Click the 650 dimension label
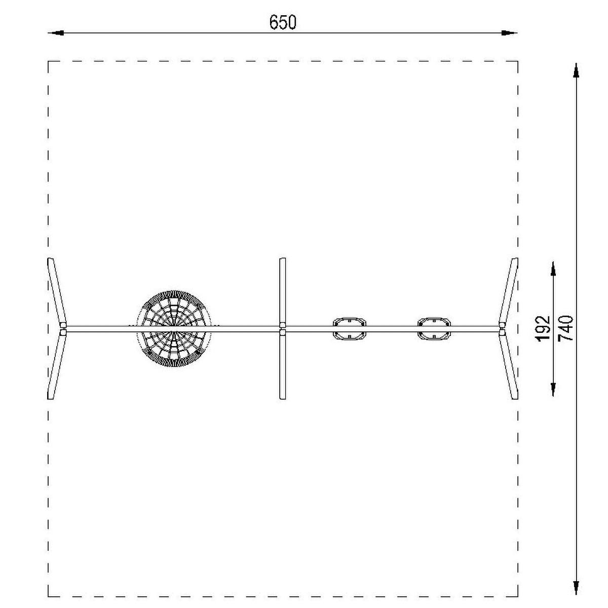point(283,22)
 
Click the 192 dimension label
point(543,328)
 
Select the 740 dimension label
point(565,328)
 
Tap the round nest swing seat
point(174,328)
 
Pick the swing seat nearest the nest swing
point(350,328)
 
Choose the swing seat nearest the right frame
point(434,328)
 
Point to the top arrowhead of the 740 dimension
point(576,70)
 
